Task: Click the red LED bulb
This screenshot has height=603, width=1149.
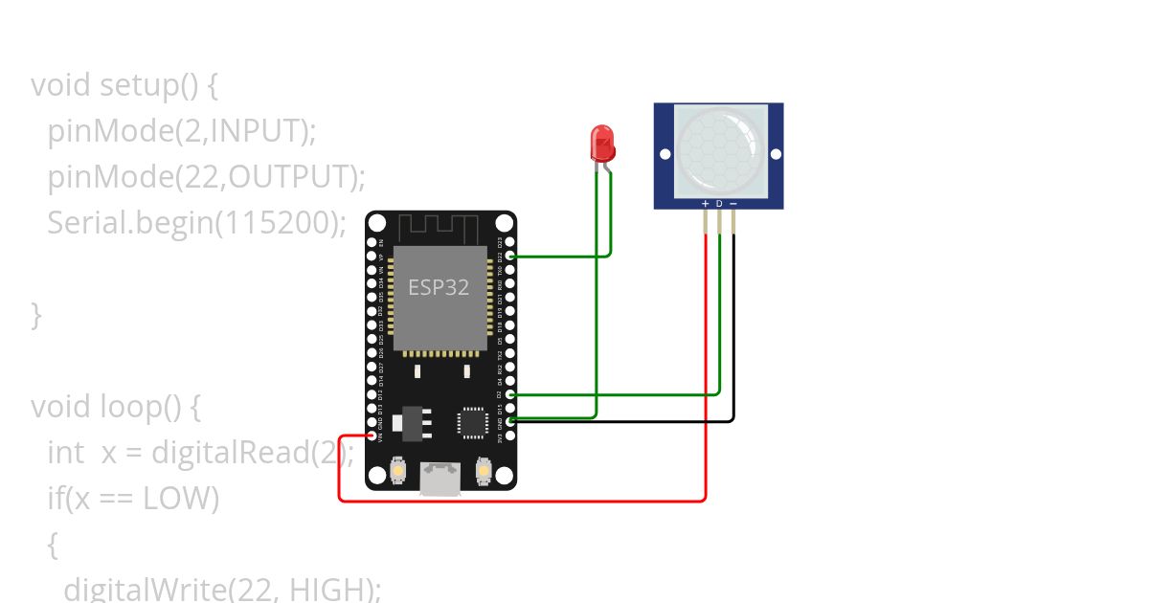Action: [x=602, y=143]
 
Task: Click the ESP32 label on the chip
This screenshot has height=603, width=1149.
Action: [x=439, y=287]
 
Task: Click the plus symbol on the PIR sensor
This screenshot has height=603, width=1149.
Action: [x=706, y=203]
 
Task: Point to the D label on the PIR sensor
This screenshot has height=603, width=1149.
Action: [x=719, y=203]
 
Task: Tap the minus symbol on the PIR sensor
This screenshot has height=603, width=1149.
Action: [x=733, y=203]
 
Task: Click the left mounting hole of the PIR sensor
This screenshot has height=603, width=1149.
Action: [x=665, y=153]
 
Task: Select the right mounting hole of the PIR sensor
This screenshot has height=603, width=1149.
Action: [x=777, y=153]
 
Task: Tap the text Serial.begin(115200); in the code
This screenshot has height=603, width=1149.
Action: [x=196, y=223]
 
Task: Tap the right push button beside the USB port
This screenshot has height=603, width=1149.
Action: [x=483, y=471]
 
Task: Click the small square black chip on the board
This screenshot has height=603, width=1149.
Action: [x=472, y=422]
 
